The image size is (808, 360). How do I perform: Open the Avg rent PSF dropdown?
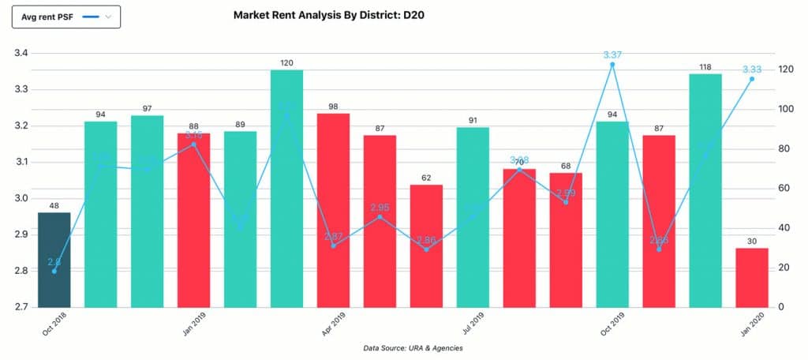point(66,17)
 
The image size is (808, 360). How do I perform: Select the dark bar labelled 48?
point(54,260)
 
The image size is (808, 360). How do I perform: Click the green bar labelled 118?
point(705,190)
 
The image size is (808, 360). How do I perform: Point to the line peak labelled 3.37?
point(612,64)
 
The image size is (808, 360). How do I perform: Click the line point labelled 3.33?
point(752,79)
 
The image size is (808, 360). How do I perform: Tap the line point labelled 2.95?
point(380,216)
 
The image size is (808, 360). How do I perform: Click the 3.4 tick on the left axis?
point(21,54)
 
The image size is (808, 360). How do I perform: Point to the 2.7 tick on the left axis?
point(21,307)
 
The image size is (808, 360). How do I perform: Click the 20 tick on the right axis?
point(785,268)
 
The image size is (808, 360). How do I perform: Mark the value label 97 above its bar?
point(148,107)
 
